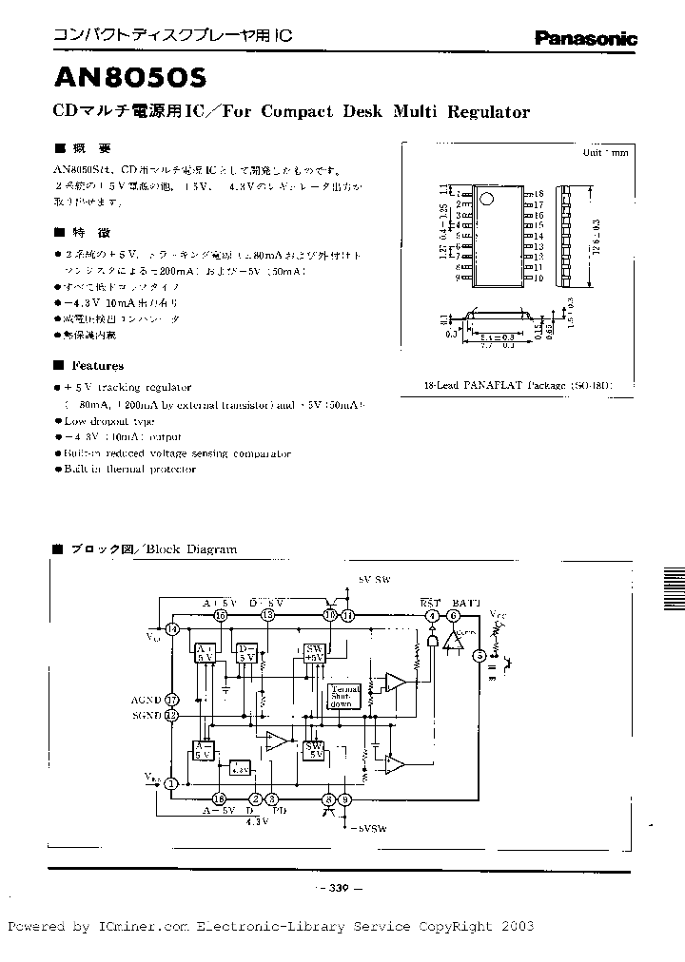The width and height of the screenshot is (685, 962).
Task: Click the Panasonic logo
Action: point(585,39)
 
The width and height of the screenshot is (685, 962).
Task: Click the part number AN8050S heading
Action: point(118,76)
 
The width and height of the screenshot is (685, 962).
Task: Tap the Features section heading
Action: point(97,366)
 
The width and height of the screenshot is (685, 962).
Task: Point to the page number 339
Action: point(340,888)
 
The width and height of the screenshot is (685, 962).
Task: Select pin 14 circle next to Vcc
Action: point(171,629)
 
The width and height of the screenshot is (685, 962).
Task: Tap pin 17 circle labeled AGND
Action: point(171,699)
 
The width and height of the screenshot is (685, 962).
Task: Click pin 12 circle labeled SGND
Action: point(171,715)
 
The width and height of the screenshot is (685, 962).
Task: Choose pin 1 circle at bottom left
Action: point(171,783)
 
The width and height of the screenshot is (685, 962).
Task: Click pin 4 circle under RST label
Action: point(432,616)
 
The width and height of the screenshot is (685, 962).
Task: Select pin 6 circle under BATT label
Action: point(454,616)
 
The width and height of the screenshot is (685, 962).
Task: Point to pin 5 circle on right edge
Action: point(479,655)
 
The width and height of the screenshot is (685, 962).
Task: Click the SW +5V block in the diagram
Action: point(315,652)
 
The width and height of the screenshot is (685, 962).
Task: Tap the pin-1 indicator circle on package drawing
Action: point(485,200)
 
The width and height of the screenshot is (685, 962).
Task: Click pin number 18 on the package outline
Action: point(538,193)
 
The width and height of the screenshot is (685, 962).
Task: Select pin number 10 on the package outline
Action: point(538,279)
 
